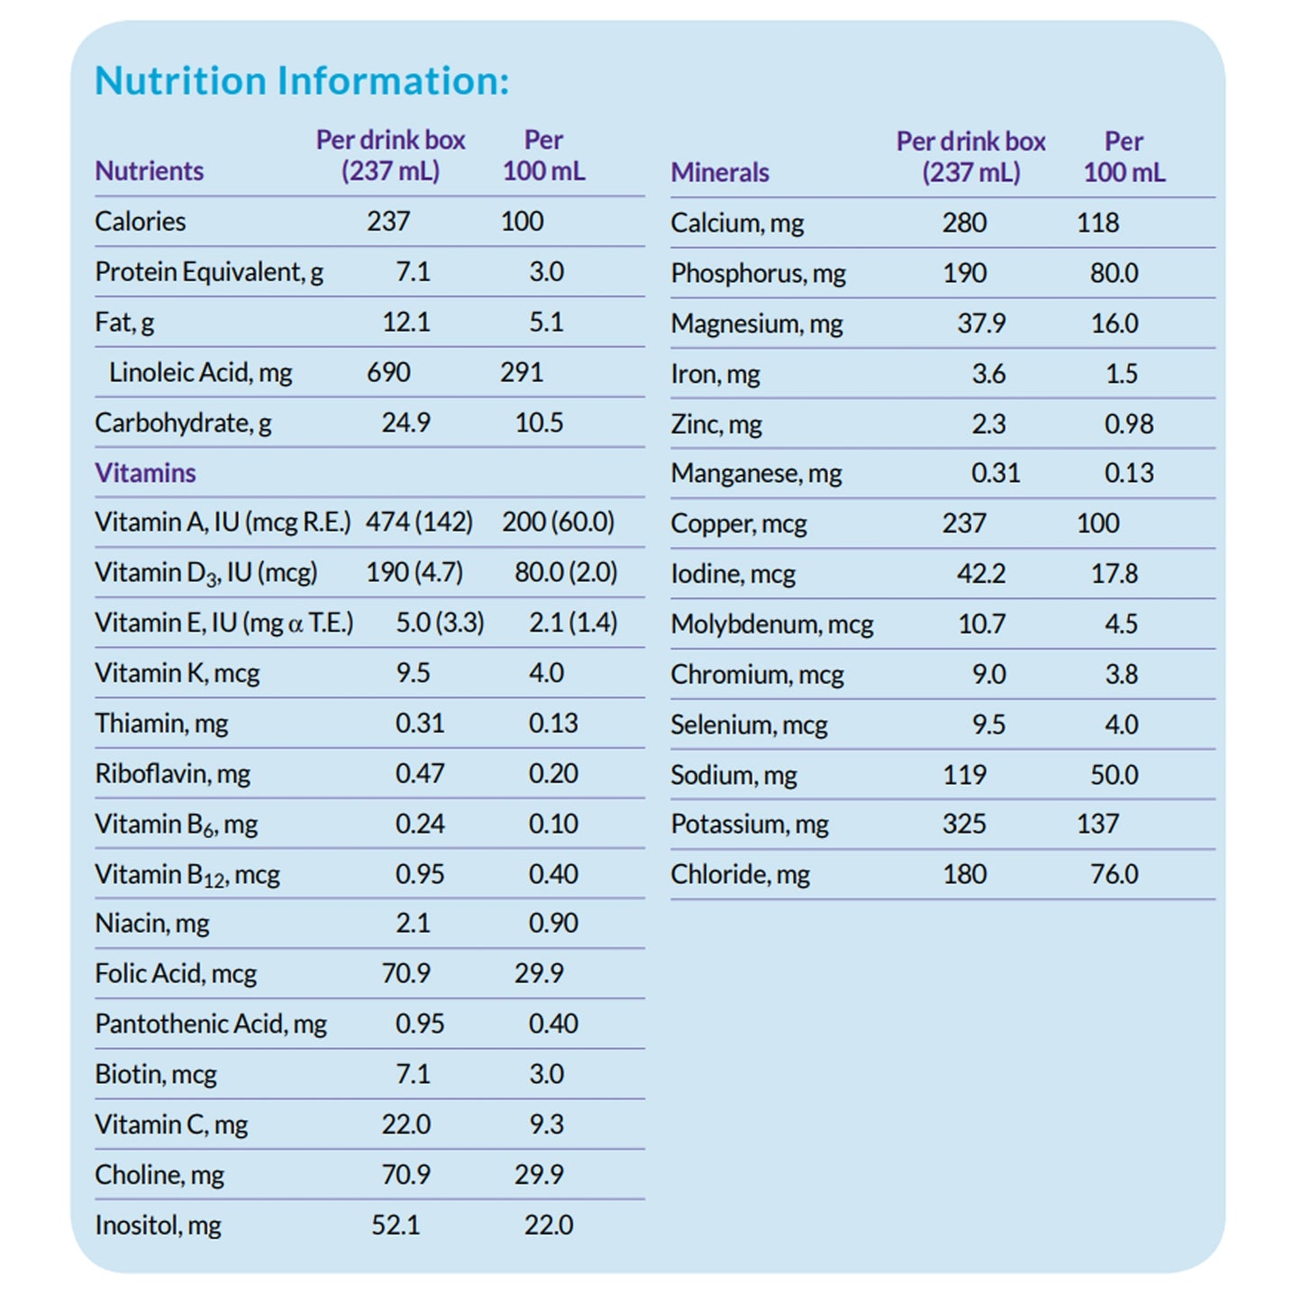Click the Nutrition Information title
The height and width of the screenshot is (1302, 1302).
click(302, 81)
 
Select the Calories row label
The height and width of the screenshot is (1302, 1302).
click(141, 222)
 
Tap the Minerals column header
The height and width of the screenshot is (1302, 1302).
click(720, 172)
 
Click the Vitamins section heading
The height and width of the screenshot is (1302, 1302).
click(145, 473)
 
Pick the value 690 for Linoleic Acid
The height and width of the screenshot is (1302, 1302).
click(388, 372)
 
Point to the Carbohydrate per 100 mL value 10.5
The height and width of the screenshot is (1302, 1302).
click(539, 423)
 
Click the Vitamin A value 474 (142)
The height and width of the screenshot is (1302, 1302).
click(419, 523)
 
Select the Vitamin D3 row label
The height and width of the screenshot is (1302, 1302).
click(206, 573)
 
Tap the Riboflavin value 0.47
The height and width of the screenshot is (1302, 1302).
click(420, 774)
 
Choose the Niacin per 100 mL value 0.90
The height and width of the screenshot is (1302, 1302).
click(553, 924)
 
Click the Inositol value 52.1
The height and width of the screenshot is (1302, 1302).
click(396, 1225)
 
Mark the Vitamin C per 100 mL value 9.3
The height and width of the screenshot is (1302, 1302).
click(546, 1124)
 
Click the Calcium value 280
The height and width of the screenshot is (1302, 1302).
click(964, 223)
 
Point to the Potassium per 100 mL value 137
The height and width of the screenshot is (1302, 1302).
click(1097, 824)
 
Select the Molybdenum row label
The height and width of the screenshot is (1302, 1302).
click(772, 624)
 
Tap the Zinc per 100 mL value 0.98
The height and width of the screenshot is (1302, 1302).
click(1129, 423)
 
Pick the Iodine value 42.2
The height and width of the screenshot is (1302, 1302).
click(981, 574)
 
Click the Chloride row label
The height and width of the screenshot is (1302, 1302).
click(741, 874)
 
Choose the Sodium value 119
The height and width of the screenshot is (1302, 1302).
click(964, 775)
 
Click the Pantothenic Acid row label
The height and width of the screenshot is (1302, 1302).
click(211, 1024)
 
